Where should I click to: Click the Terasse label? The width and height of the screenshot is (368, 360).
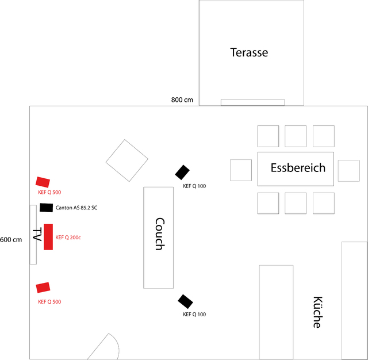[249, 52]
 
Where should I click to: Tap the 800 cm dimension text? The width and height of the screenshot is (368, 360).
[182, 100]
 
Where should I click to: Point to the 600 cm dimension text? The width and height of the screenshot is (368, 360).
[11, 239]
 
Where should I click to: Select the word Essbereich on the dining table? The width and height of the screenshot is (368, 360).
[298, 168]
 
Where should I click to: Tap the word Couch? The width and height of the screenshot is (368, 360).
[159, 233]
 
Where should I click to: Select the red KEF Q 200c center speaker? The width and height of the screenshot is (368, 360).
[48, 237]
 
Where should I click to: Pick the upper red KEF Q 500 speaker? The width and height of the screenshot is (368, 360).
[43, 182]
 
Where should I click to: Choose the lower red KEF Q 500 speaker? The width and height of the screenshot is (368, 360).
[43, 288]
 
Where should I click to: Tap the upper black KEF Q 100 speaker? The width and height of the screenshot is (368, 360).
[182, 172]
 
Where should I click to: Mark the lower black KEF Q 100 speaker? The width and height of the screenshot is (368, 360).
[185, 301]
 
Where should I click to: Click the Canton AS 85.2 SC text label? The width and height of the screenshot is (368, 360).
[76, 208]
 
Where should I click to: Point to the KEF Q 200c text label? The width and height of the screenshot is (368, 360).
[68, 237]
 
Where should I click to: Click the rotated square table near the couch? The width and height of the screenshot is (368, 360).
[127, 160]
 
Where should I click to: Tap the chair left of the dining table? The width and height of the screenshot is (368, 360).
[241, 170]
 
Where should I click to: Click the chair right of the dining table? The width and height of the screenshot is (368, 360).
[348, 170]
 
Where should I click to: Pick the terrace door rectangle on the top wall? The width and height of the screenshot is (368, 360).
[252, 102]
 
